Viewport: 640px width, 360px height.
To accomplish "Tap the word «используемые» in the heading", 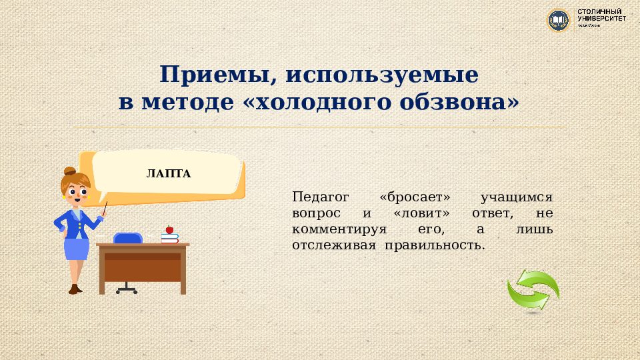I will pos(382,75).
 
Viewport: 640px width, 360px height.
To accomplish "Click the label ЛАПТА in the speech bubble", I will pos(169,174).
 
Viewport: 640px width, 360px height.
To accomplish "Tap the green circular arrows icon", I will pos(533,289).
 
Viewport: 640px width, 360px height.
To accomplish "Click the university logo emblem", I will pos(558,19).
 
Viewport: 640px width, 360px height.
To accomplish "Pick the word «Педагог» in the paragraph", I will pos(321,197).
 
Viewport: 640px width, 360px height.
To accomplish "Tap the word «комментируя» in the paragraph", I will pos(339,229).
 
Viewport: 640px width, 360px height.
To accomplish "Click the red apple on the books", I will pos(169,229).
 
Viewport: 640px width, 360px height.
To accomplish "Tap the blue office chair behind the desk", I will pos(127,239).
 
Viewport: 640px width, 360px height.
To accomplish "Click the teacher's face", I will pos(75,194).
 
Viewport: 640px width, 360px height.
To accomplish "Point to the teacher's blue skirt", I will pos(77,249).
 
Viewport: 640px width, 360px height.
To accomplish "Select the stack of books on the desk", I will pos(170,237).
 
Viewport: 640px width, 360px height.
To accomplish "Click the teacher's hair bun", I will pos(69,171).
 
